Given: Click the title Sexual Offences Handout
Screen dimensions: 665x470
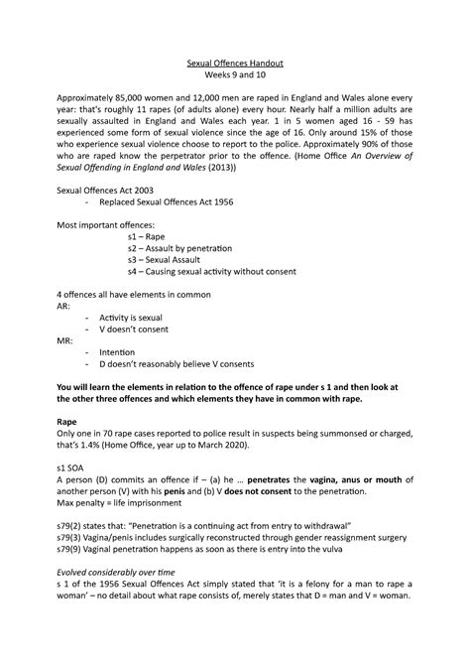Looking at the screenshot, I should (235, 63).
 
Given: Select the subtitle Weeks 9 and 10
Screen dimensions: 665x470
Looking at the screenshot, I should (235, 76).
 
